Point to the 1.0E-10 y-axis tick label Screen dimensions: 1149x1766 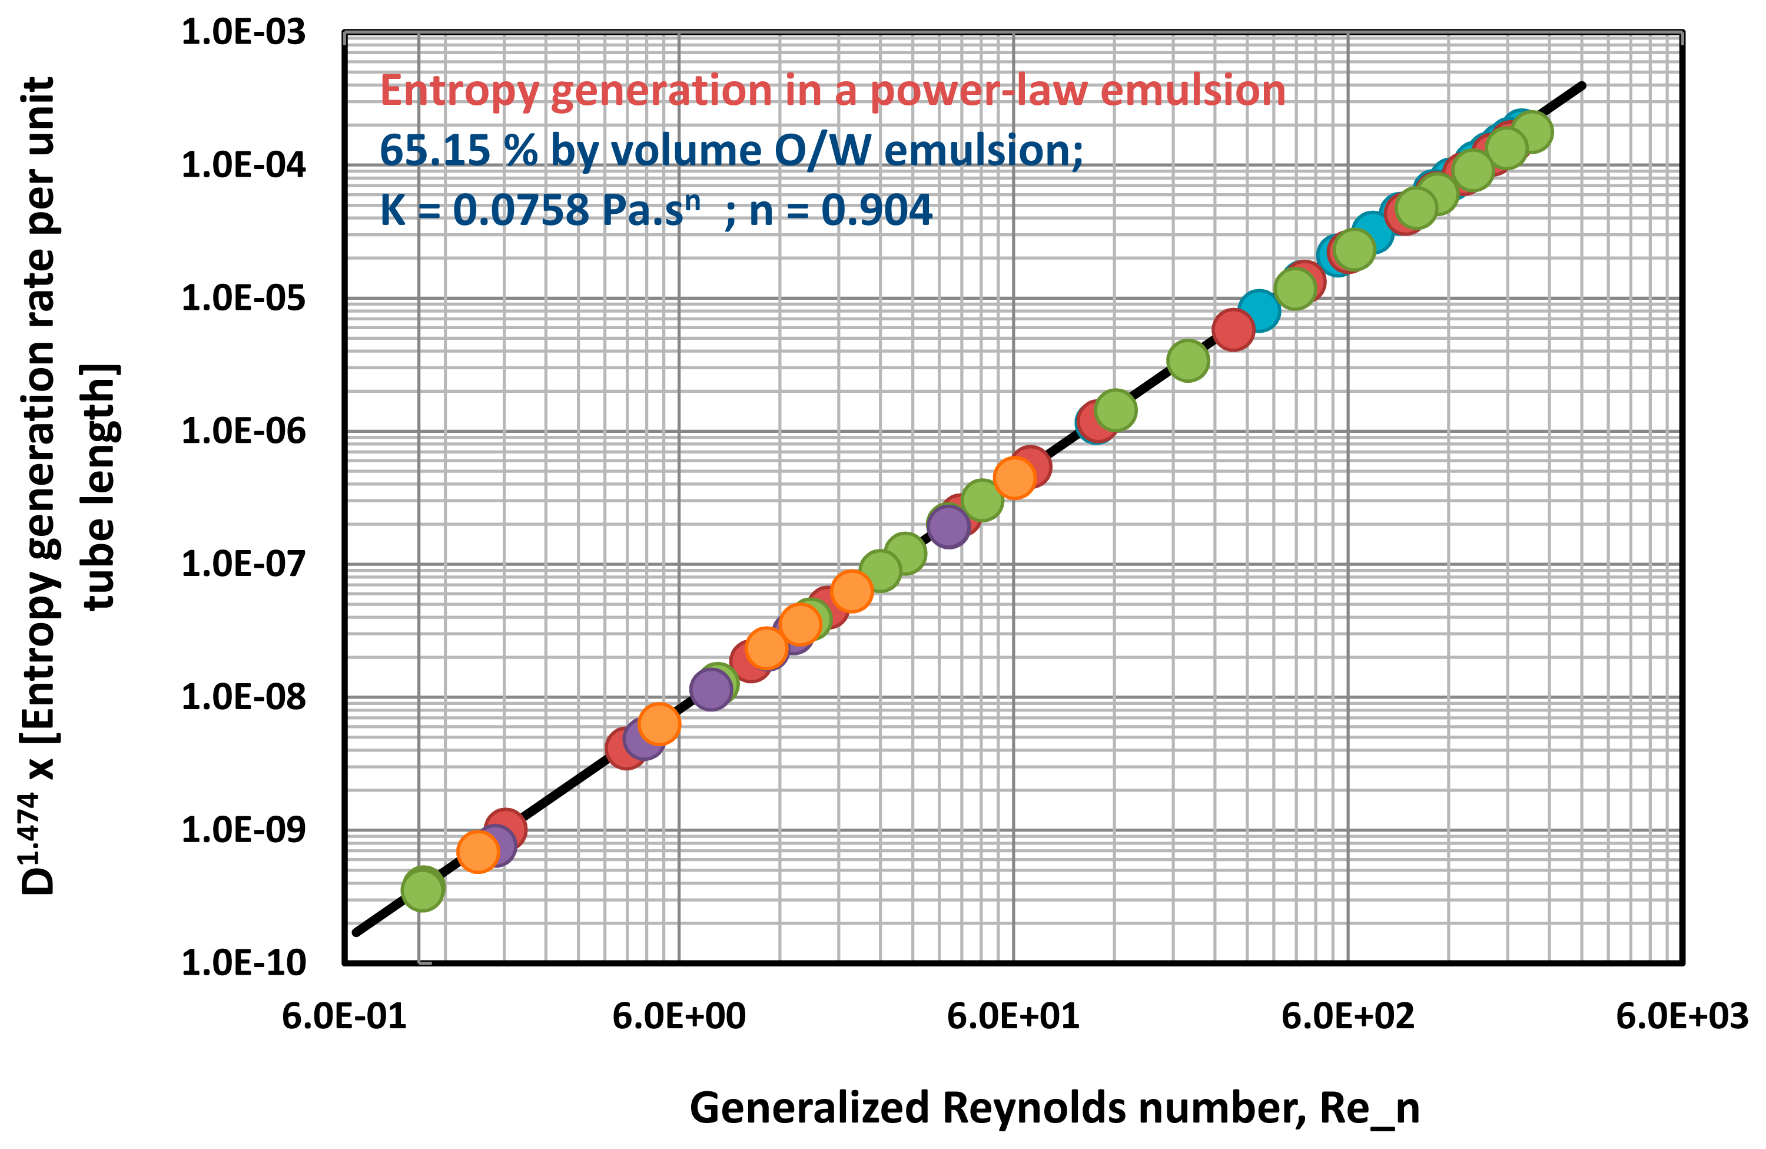pyautogui.click(x=243, y=963)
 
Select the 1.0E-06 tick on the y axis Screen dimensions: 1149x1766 pyautogui.click(x=243, y=431)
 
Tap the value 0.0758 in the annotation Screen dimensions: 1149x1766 pyautogui.click(x=520, y=210)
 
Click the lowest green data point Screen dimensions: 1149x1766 pyautogui.click(x=422, y=889)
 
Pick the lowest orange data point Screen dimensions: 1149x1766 pyautogui.click(x=477, y=852)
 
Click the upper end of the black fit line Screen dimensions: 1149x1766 pyautogui.click(x=1583, y=85)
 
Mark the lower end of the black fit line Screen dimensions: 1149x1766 pyautogui.click(x=356, y=933)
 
